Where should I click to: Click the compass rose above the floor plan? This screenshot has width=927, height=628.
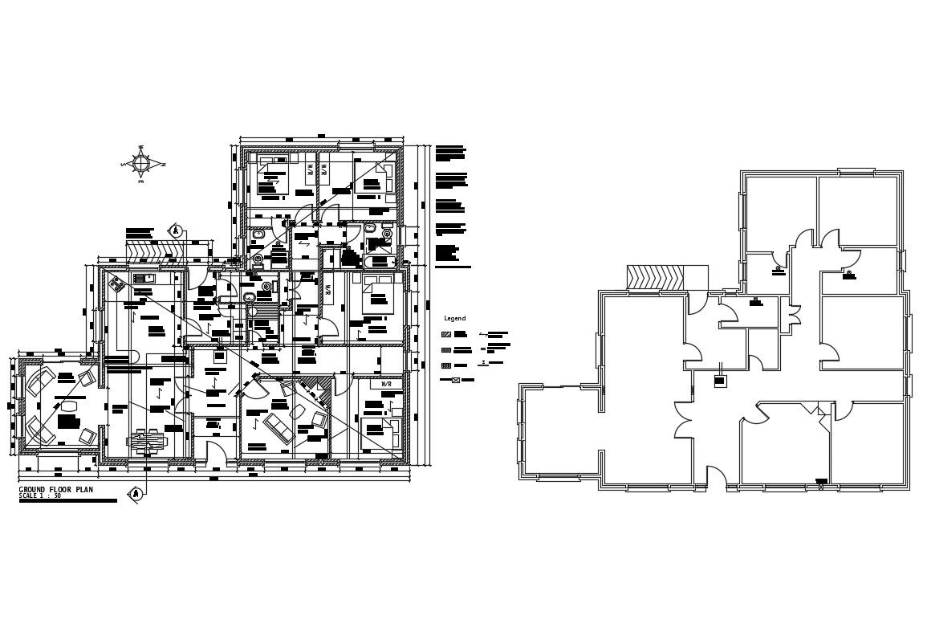click(x=141, y=164)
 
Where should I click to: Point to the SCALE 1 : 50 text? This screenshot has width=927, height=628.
click(x=40, y=496)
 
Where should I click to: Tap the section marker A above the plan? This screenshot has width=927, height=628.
click(x=174, y=230)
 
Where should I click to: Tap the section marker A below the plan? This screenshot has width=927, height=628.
click(x=136, y=493)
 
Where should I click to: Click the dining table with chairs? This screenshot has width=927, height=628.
click(x=148, y=441)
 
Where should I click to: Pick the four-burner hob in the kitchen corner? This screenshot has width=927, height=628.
click(x=116, y=283)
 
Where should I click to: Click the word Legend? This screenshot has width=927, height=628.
click(x=454, y=319)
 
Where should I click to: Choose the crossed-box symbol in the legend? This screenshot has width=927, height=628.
click(x=455, y=380)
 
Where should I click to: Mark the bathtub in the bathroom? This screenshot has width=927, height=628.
click(x=379, y=262)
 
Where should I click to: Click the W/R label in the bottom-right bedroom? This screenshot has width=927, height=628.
click(x=386, y=385)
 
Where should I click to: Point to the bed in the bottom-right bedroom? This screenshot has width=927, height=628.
click(x=377, y=430)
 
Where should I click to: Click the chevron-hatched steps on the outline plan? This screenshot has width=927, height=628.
click(x=655, y=277)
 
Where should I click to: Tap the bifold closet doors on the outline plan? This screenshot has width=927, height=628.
click(x=794, y=313)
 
